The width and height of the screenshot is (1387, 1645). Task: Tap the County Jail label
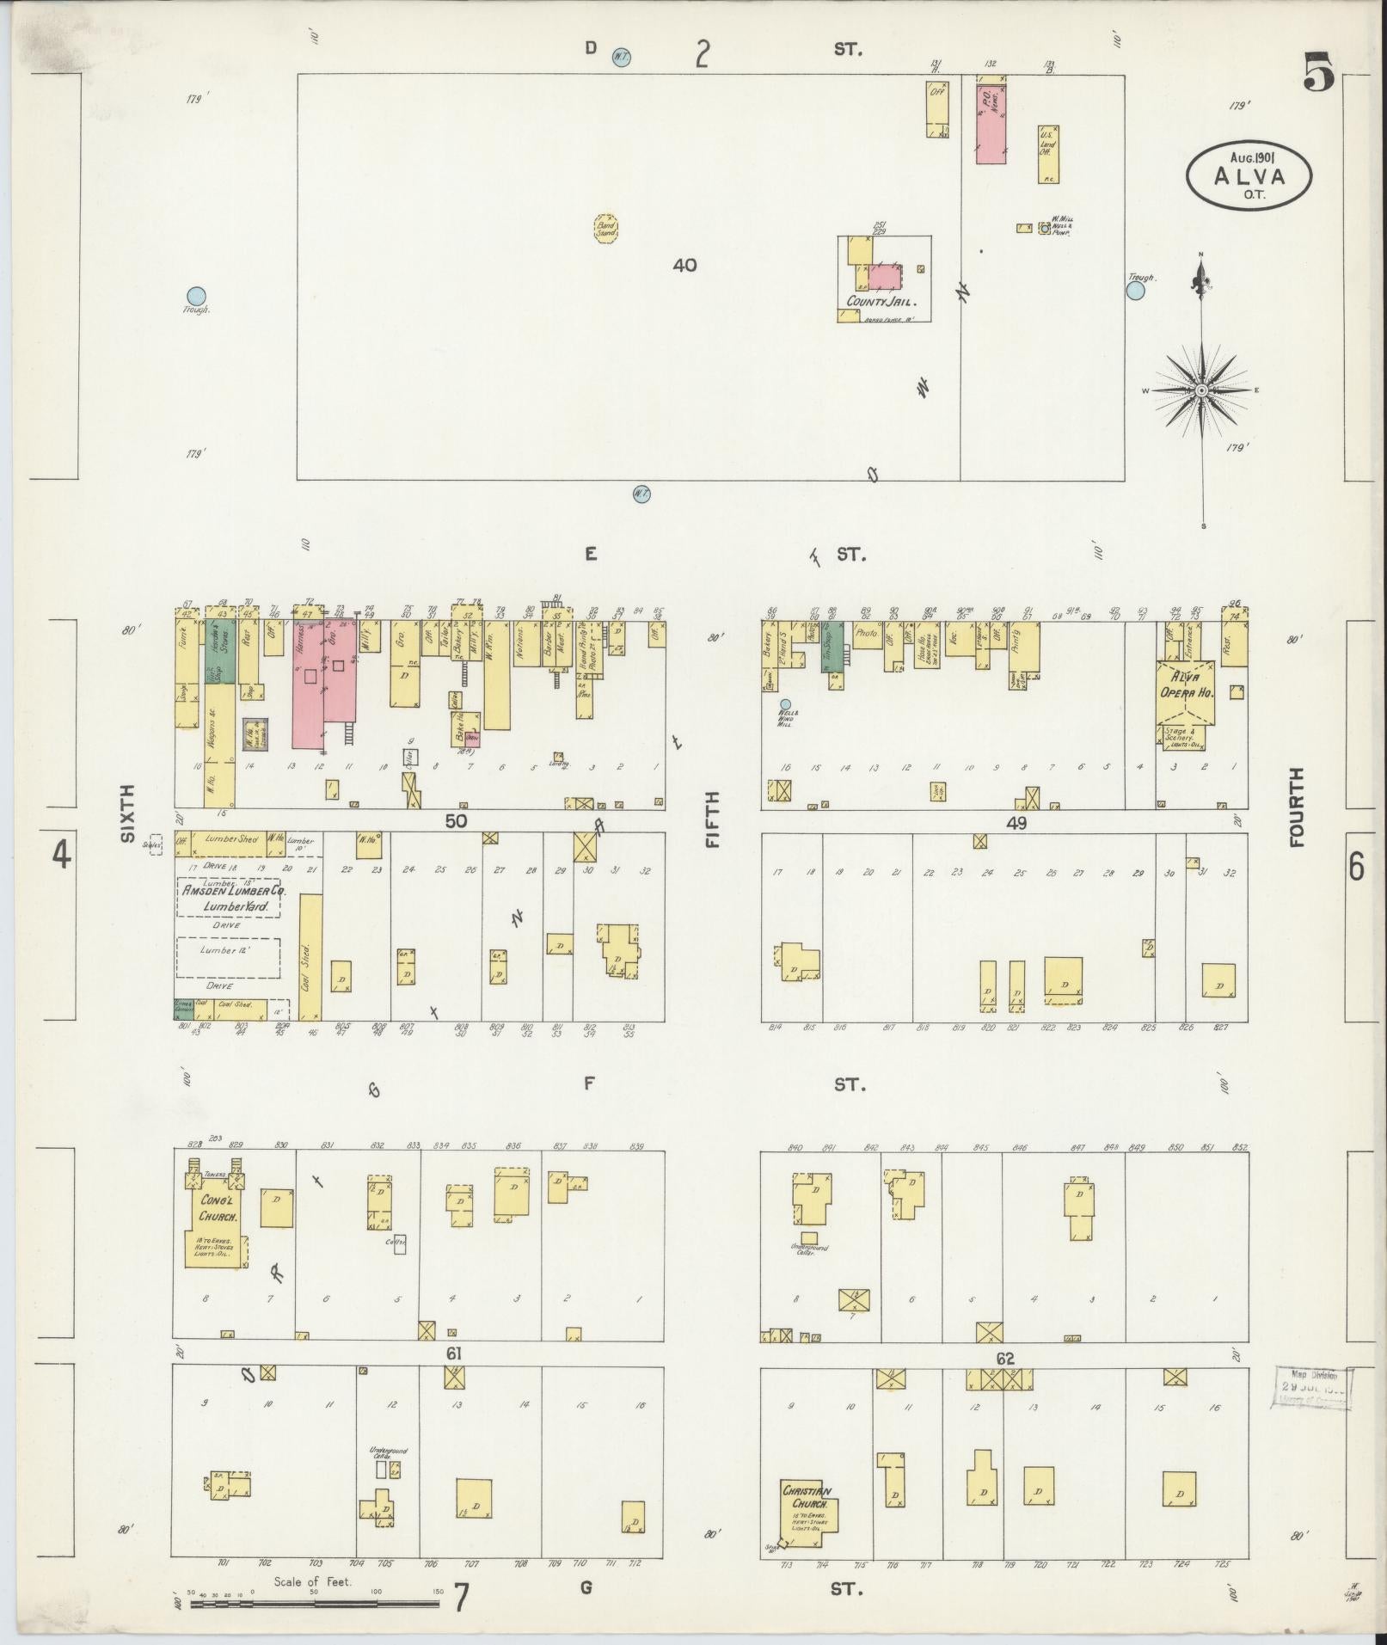click(881, 302)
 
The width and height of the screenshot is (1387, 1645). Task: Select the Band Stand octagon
click(607, 229)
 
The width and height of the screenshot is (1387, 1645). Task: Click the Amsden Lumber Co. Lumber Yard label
click(229, 899)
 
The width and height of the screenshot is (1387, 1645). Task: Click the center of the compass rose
click(1201, 390)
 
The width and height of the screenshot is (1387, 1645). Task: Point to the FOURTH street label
click(1295, 807)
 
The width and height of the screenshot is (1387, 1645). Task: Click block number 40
click(684, 266)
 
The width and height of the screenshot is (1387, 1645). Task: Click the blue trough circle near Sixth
click(197, 295)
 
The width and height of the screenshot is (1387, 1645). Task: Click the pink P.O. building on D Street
click(991, 120)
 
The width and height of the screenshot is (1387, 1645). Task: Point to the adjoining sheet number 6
click(1356, 868)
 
